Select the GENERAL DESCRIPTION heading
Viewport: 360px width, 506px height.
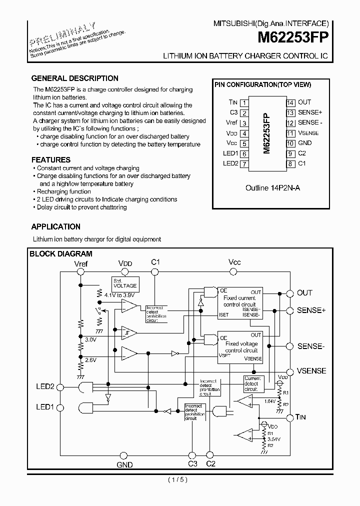point(74,78)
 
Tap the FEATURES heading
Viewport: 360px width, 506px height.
point(50,160)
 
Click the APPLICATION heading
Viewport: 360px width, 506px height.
point(55,226)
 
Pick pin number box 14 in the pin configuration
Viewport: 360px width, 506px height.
point(290,102)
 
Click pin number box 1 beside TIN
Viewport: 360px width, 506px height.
point(244,102)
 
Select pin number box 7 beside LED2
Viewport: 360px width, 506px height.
point(244,164)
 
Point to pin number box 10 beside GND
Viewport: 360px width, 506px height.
point(290,143)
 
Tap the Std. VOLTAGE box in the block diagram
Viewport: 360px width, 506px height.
point(124,283)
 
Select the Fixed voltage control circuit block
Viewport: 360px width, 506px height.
point(240,346)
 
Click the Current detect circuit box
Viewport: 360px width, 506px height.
point(252,384)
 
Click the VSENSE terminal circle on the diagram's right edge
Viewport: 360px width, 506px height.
point(288,370)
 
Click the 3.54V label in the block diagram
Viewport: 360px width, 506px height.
point(273,438)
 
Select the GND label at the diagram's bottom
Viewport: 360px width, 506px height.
point(124,464)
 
